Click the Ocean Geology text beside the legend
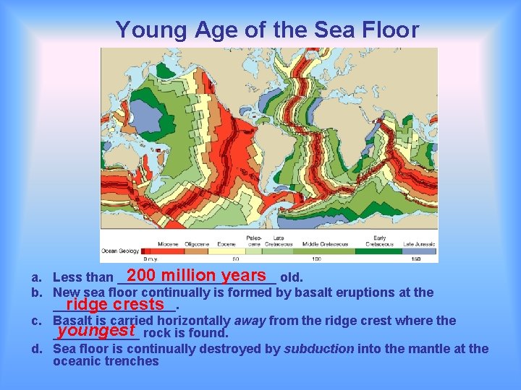(x=119, y=251)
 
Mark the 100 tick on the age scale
(x=316, y=259)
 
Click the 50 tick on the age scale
(x=235, y=259)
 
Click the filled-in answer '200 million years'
(x=197, y=275)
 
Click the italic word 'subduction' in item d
(x=319, y=349)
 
